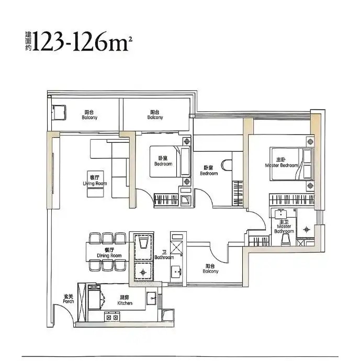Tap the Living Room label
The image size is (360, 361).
tap(95, 180)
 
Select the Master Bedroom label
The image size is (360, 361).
tap(281, 162)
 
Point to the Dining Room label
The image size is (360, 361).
tap(109, 253)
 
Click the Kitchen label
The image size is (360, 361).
tap(125, 300)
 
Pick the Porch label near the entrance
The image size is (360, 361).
tap(69, 299)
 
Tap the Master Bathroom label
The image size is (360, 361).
tap(284, 227)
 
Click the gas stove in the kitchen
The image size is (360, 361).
tap(112, 317)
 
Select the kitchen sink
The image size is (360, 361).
tap(152, 298)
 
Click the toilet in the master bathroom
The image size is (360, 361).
tap(286, 239)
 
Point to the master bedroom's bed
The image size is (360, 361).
tap(291, 164)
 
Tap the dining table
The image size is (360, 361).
tap(107, 252)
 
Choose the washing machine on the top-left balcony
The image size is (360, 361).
tap(59, 112)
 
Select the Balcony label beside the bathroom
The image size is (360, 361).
tap(210, 268)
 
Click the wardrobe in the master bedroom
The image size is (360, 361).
tap(292, 199)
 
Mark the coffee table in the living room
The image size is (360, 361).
tap(95, 184)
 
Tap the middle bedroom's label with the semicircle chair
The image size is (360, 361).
tap(209, 171)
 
